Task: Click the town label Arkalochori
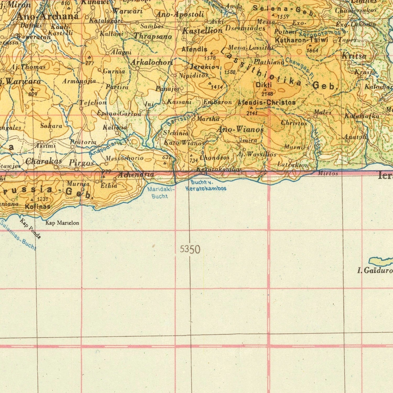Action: click(x=152, y=62)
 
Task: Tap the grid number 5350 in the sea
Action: click(x=190, y=249)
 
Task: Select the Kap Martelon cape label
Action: click(x=62, y=223)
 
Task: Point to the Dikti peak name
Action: click(x=264, y=85)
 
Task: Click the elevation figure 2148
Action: click(x=267, y=94)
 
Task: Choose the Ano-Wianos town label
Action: click(x=240, y=129)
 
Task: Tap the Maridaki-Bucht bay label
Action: click(x=159, y=193)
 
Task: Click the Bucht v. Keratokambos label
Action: click(x=206, y=185)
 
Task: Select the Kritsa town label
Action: click(x=354, y=56)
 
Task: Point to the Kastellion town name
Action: click(x=202, y=31)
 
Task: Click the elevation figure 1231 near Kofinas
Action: click(x=42, y=199)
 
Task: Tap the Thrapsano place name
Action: click(x=153, y=36)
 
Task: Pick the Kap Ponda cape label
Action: click(x=30, y=229)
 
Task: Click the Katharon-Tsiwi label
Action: click(x=301, y=40)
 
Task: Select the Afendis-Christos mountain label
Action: click(x=266, y=102)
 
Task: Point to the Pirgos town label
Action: click(x=81, y=163)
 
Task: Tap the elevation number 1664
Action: click(x=312, y=50)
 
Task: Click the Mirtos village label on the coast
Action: click(x=328, y=173)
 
